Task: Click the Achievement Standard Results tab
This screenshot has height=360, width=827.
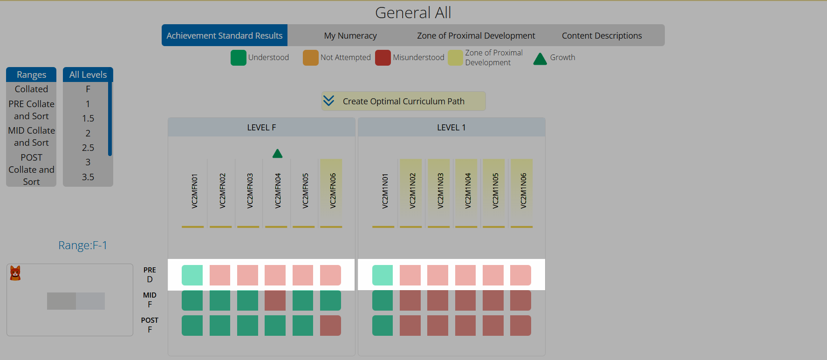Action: [225, 35]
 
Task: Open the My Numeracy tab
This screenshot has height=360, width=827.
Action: [350, 35]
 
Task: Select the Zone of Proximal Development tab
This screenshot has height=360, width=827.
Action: [476, 35]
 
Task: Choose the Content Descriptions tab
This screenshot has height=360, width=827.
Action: [601, 35]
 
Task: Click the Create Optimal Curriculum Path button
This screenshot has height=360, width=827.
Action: [403, 101]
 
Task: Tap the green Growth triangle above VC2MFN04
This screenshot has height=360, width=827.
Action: [278, 153]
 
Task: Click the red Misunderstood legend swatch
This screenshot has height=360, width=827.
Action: [383, 58]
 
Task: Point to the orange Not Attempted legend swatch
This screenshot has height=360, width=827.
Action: [311, 58]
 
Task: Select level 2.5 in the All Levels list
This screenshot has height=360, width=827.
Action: [88, 148]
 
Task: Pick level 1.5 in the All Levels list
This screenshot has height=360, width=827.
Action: [88, 118]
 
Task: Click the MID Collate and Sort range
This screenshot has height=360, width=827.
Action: [31, 136]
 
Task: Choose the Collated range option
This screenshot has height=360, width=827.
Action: [31, 89]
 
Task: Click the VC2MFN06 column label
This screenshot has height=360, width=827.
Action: [333, 190]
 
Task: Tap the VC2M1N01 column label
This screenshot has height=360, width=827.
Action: [385, 190]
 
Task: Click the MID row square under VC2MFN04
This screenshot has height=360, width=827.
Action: [275, 300]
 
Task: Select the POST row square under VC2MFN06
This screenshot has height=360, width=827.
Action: [330, 326]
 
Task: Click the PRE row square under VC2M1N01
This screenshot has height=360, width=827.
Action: [383, 275]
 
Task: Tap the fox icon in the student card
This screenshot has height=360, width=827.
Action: [15, 273]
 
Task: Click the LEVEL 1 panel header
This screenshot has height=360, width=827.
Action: [451, 127]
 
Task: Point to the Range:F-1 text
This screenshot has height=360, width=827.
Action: [82, 245]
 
